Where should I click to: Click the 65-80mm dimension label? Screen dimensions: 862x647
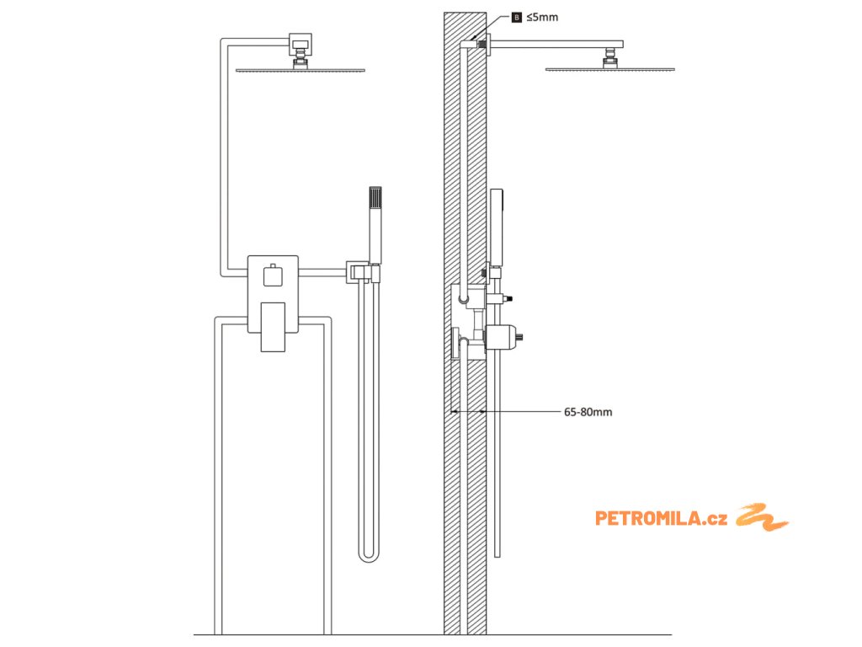coord(588,412)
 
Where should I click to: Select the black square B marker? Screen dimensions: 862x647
coord(517,17)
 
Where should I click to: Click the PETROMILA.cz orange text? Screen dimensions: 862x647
coord(661,518)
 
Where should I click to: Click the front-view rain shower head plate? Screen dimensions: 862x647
coord(301,70)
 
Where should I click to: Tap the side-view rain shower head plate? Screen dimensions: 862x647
coord(610,70)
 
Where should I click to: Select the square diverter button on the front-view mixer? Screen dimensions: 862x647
coord(273,275)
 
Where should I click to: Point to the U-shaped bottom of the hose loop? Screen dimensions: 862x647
coord(370,557)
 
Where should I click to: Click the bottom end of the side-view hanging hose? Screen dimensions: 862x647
coord(498,554)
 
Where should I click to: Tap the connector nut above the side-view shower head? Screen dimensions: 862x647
coord(609,58)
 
